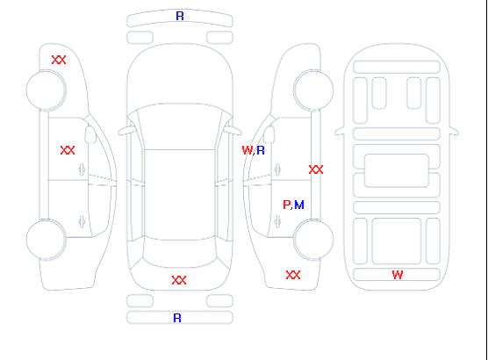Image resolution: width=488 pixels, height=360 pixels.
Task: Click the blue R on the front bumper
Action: pos(180,16)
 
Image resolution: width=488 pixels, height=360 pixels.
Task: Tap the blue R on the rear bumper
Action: pos(177,318)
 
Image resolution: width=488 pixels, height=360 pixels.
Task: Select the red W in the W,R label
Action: pos(248,150)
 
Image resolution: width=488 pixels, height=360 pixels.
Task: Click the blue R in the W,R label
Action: pos(261,150)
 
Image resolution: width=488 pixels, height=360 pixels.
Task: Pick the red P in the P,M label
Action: pos(286,205)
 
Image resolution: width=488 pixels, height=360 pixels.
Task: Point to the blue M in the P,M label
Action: pos(299,205)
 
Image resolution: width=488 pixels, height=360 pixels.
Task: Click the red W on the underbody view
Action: pos(398,275)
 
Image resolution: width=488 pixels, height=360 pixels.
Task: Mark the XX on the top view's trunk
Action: pos(179,280)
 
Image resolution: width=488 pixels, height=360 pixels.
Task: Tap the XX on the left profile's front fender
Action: pos(59,60)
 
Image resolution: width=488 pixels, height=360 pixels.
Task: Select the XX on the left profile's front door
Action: pos(68,150)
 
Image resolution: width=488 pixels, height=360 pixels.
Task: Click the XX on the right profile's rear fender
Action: pos(293,275)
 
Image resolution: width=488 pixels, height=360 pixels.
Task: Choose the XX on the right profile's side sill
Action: pos(316,169)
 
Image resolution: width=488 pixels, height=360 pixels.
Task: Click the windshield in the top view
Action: pos(180,126)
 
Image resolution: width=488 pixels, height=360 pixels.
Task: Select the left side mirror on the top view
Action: pos(126,131)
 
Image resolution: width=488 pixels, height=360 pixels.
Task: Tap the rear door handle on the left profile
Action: pos(82,221)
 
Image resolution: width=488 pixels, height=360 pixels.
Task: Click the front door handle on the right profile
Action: pos(277,169)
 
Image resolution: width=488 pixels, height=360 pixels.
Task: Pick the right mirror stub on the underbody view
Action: pos(454,131)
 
